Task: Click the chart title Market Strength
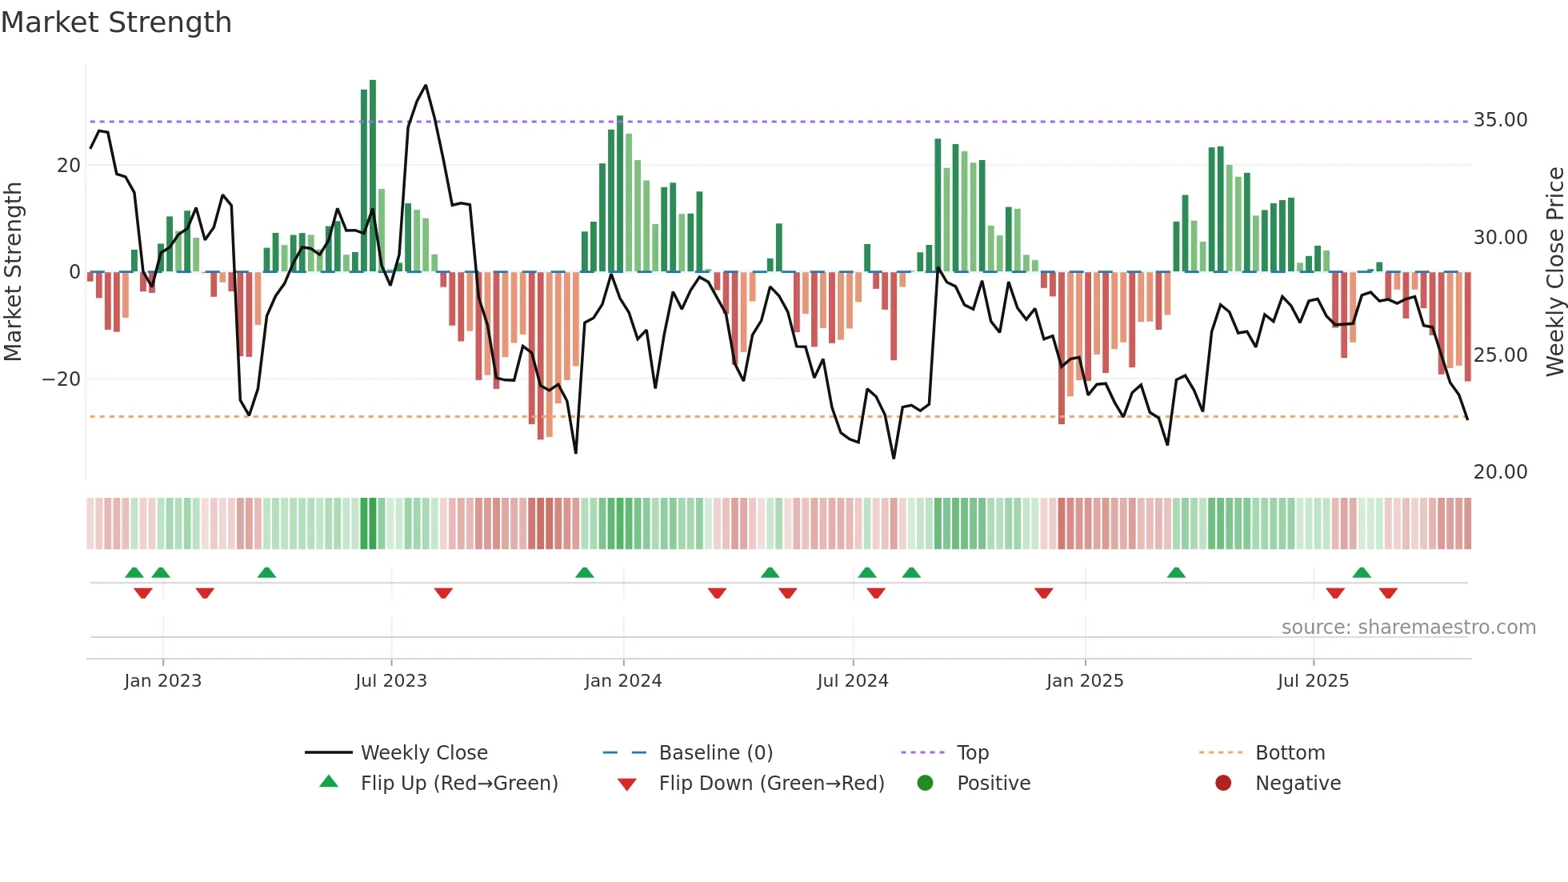(117, 22)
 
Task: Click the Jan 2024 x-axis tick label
(623, 681)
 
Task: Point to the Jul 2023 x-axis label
(391, 681)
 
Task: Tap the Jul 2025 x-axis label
(1313, 681)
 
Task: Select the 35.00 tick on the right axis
(1500, 120)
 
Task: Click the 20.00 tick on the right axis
(1500, 472)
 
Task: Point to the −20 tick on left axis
(62, 379)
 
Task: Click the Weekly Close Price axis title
(1554, 272)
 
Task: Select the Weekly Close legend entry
(423, 753)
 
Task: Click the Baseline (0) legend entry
(715, 753)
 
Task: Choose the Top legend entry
(972, 753)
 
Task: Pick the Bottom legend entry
(1290, 753)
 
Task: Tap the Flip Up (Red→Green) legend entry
(458, 784)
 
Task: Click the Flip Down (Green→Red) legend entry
(771, 784)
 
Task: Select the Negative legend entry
(1298, 784)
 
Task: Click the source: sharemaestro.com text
(1408, 627)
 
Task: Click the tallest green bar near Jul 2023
(373, 176)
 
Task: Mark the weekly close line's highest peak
(426, 86)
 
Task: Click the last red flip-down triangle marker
(1388, 593)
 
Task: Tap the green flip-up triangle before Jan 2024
(585, 572)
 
